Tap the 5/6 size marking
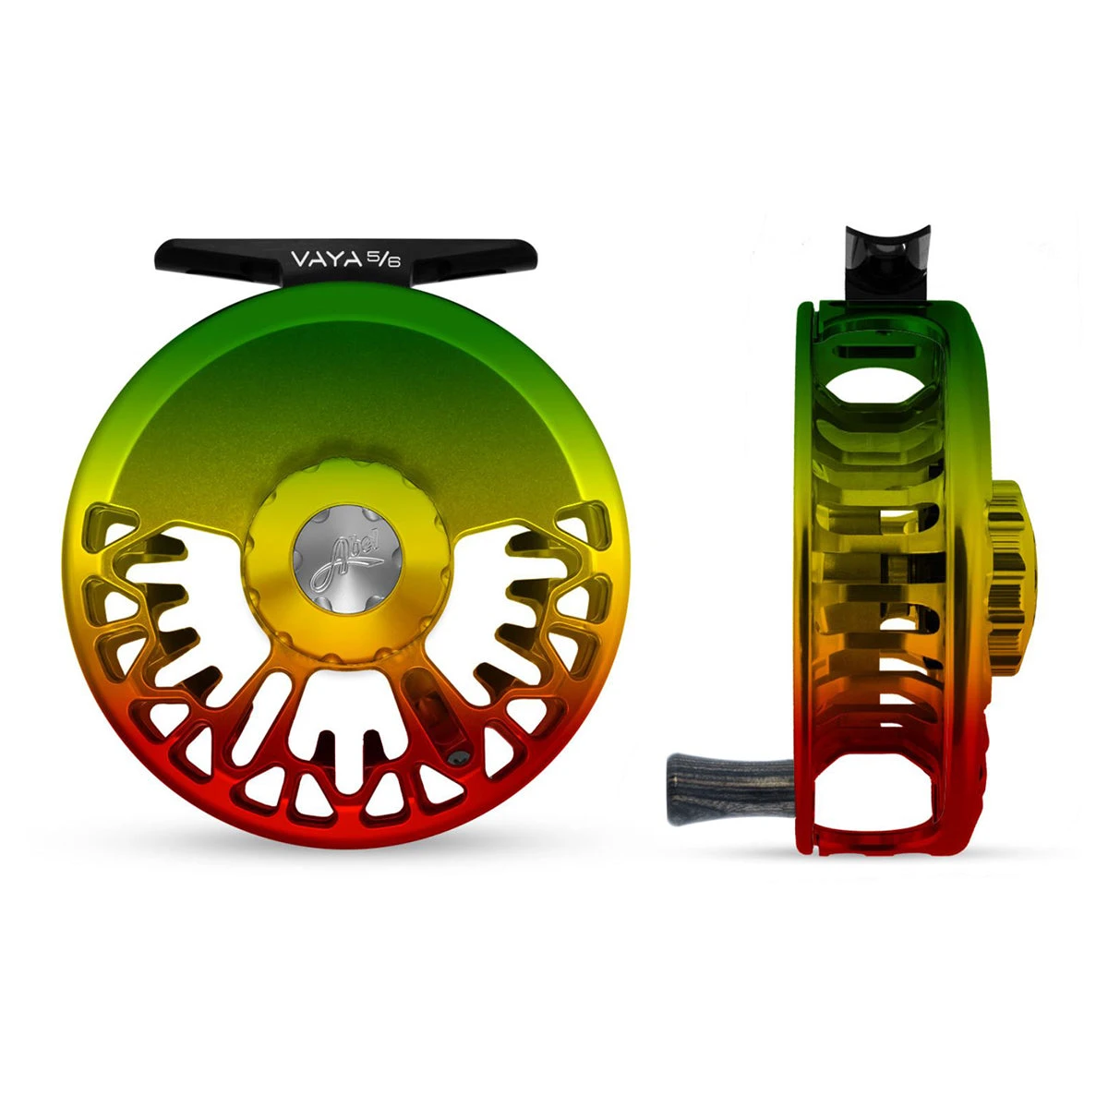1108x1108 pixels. click(384, 259)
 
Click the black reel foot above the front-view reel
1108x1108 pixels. click(345, 261)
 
